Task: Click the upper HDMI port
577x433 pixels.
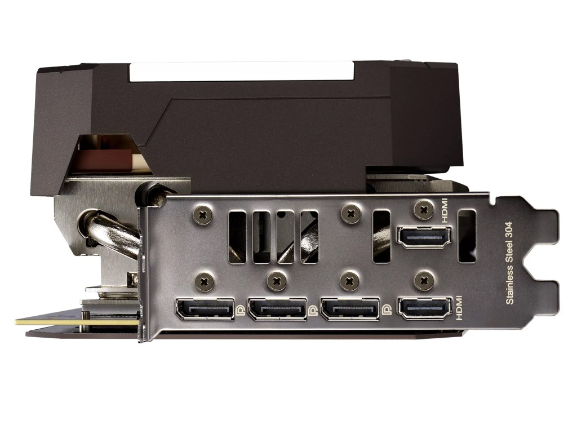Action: tap(424, 237)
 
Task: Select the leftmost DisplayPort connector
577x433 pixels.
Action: tap(205, 308)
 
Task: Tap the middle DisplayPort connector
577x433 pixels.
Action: tap(277, 308)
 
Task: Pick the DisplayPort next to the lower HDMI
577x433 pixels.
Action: tap(350, 308)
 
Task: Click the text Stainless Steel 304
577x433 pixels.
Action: tap(509, 263)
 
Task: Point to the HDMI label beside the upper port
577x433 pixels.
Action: tap(445, 211)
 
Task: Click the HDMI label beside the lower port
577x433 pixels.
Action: tap(459, 307)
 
